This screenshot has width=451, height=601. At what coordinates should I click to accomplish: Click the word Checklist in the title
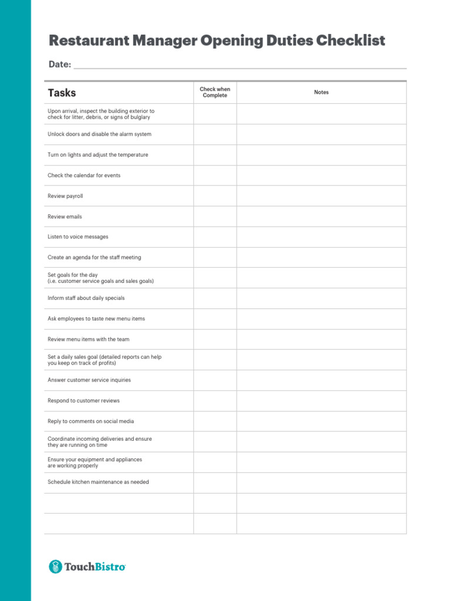[x=351, y=40]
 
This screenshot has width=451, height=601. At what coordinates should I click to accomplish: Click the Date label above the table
[x=59, y=65]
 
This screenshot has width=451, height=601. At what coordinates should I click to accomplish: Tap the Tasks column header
[x=62, y=93]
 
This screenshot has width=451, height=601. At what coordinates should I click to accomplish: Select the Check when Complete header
[x=215, y=92]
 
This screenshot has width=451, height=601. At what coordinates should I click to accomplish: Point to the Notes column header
[x=321, y=92]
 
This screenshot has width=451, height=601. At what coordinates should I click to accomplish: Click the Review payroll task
[x=65, y=196]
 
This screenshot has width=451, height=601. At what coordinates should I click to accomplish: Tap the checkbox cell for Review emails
[x=215, y=217]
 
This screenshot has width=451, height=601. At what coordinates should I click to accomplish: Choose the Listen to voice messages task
[x=78, y=237]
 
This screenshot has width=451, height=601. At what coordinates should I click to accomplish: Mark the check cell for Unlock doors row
[x=215, y=134]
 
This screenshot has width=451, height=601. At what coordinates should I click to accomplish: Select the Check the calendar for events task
[x=84, y=175]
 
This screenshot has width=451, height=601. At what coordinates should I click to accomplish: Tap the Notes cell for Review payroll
[x=321, y=196]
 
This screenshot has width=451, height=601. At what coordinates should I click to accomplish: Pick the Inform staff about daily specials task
[x=86, y=298]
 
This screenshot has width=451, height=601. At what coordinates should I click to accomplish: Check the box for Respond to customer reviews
[x=215, y=401]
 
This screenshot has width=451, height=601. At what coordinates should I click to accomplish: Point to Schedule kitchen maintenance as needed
[x=98, y=482]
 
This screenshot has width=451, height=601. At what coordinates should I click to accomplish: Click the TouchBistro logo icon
[x=55, y=566]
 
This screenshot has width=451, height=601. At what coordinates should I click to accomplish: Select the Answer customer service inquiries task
[x=89, y=380]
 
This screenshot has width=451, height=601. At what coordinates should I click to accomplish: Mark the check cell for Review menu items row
[x=215, y=339]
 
